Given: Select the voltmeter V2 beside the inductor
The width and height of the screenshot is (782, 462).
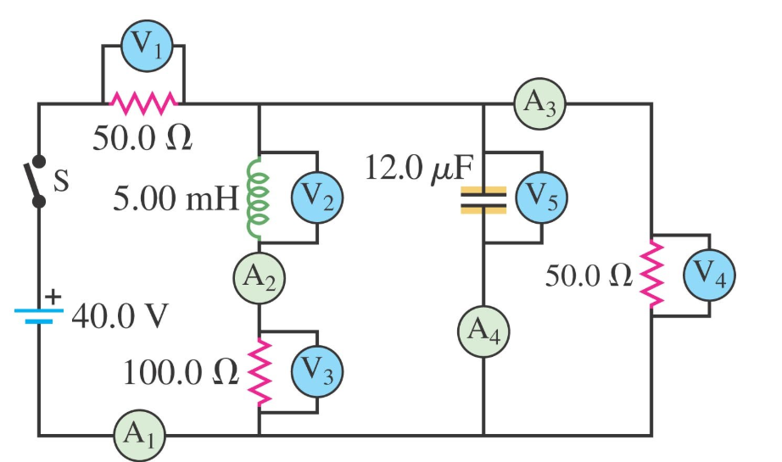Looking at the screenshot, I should coord(316,197).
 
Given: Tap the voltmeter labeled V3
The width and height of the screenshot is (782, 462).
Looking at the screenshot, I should coord(316,370).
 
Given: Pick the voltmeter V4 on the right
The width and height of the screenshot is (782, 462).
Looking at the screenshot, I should coord(709,275).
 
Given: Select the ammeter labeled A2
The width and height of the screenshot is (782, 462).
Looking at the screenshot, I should coord(259,276).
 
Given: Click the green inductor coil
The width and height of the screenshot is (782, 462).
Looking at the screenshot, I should coord(256,197).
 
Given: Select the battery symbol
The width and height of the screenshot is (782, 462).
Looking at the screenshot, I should coord(38,316).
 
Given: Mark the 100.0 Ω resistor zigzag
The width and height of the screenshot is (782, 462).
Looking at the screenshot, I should coord(259,370).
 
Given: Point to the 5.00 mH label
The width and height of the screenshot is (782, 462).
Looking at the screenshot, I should coord(177,200).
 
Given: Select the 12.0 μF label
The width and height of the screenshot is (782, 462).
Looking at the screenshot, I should coord(417,168).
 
